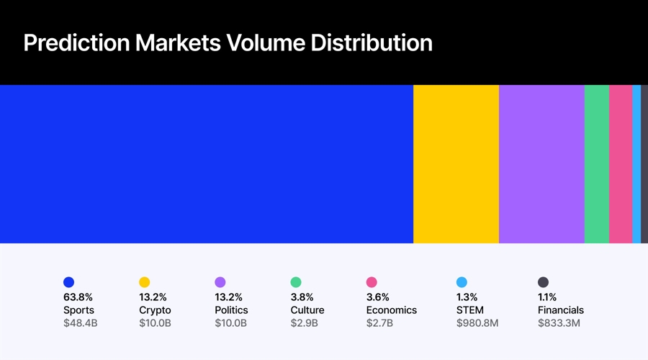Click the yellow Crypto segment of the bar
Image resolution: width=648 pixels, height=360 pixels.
456,164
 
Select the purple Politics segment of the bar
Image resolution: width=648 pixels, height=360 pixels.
541,164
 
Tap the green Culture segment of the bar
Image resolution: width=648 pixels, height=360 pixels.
597,164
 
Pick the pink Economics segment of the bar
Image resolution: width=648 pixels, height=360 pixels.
621,164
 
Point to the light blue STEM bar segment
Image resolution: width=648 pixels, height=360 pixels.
636,164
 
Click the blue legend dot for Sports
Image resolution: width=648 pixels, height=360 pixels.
68,282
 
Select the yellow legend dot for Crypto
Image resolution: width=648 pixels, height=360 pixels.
144,282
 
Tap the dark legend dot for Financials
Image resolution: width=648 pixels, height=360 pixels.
543,282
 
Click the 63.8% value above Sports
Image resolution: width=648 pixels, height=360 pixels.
78,297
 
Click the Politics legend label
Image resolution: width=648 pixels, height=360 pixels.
231,310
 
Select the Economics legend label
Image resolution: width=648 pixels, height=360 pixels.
391,310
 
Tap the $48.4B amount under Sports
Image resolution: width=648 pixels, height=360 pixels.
80,323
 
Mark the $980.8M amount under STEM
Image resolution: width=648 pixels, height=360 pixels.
477,323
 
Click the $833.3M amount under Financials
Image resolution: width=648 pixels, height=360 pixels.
559,323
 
